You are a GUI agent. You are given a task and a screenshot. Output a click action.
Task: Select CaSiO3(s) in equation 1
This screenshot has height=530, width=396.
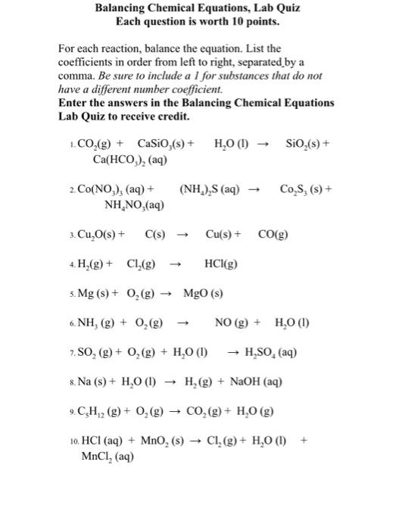tap(162, 144)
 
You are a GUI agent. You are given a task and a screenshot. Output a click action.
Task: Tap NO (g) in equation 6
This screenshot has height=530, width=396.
tap(235, 323)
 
